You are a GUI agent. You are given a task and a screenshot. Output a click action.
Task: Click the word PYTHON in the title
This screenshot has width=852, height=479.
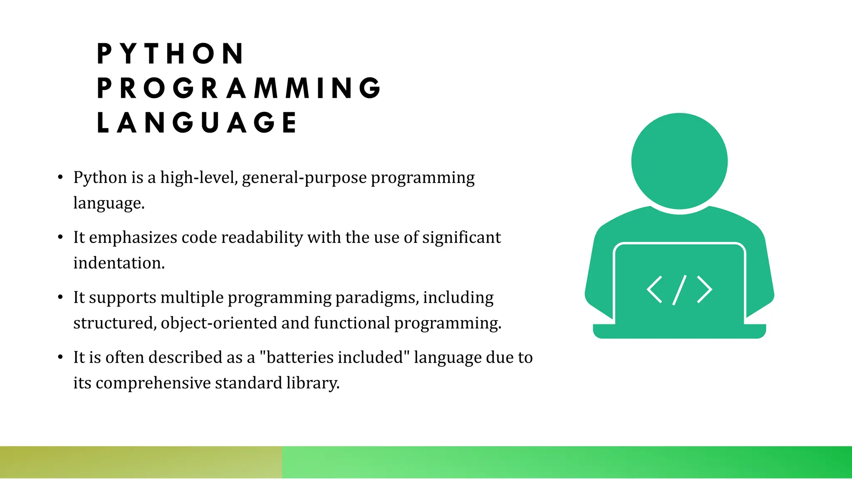pyautogui.click(x=171, y=54)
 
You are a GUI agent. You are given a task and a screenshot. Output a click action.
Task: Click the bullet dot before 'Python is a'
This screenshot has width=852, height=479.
pyautogui.click(x=60, y=178)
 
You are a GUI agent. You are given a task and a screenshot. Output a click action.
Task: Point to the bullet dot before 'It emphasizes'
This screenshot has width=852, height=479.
pyautogui.click(x=60, y=237)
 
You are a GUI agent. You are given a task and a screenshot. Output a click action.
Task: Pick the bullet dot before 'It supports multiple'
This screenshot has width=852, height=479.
pyautogui.click(x=60, y=297)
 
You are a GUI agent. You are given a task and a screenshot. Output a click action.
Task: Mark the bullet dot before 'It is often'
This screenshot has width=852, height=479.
pyautogui.click(x=60, y=357)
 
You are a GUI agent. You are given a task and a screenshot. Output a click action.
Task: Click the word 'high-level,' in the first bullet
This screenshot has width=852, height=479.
pyautogui.click(x=199, y=178)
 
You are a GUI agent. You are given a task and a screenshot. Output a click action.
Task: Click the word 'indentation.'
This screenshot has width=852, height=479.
pyautogui.click(x=119, y=263)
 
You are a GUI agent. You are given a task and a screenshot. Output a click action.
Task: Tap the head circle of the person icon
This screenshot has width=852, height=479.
pyautogui.click(x=679, y=161)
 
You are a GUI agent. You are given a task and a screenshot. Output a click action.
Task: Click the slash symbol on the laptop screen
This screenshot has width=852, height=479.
pyautogui.click(x=679, y=290)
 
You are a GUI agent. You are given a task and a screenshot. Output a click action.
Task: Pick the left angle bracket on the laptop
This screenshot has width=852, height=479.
pyautogui.click(x=654, y=289)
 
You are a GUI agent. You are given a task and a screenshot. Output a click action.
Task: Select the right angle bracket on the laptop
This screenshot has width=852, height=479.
pyautogui.click(x=704, y=289)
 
